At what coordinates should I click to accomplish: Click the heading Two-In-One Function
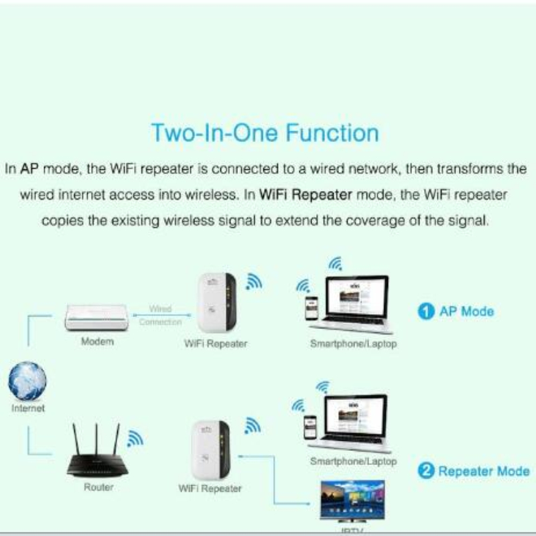coord(265,132)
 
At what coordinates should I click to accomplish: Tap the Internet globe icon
coord(27,381)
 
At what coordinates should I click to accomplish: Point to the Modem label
coord(97,342)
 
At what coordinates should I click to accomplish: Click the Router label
coord(98,487)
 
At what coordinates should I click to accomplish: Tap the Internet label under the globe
coord(28,407)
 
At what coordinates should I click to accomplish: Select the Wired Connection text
coord(160,316)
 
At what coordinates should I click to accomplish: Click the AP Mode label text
coord(466,312)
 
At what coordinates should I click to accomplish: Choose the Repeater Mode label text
coord(484,471)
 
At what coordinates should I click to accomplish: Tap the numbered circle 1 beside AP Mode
coord(424,312)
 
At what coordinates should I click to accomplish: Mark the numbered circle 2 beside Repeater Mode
coord(425,471)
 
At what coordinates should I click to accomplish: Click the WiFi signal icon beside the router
coord(135,438)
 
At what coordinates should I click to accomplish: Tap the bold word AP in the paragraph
coord(29,169)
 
